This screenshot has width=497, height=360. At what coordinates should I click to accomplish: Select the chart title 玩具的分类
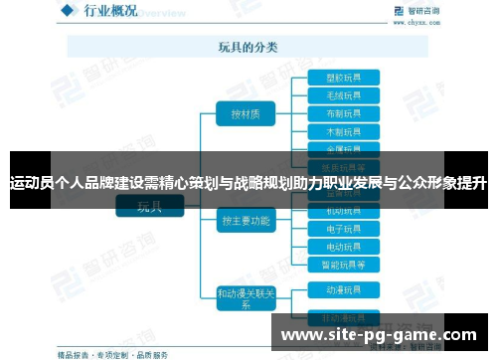(248, 47)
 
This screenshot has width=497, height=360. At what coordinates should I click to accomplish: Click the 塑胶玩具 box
(329, 77)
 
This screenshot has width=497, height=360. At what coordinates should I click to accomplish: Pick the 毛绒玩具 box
(329, 94)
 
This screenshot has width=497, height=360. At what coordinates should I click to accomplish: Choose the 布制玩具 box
(329, 112)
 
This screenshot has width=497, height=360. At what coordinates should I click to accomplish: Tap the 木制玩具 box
(329, 130)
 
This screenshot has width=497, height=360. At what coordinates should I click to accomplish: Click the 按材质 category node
(245, 113)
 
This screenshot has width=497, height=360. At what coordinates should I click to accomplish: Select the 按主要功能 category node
(245, 221)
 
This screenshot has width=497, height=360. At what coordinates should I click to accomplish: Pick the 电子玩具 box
(329, 229)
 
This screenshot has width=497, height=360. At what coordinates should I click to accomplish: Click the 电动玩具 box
(329, 247)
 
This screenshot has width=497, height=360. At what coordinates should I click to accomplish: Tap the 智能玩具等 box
(329, 265)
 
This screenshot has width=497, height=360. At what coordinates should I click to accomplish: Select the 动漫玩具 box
(329, 290)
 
